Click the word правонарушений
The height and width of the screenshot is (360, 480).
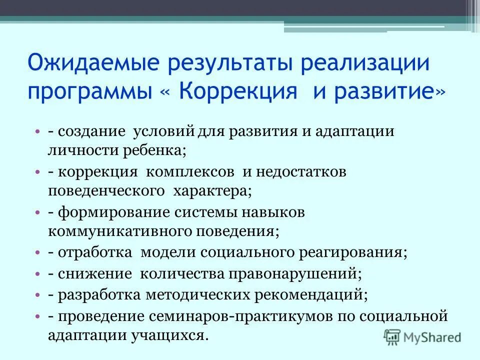293,273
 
